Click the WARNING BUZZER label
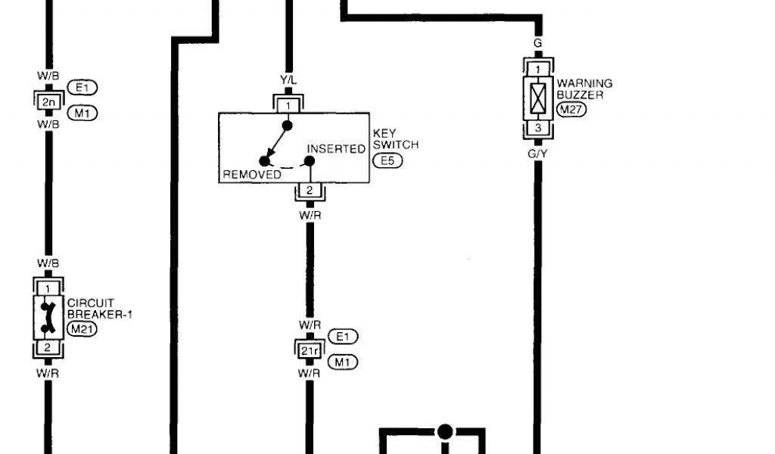(x=584, y=89)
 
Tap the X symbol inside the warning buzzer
(x=537, y=98)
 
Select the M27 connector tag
(x=571, y=110)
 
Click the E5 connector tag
(x=387, y=160)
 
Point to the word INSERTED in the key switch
(x=336, y=149)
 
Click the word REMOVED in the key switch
(x=252, y=175)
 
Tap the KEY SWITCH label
(x=395, y=138)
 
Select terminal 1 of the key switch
(x=288, y=104)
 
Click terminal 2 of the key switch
(x=309, y=191)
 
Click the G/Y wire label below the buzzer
(x=537, y=154)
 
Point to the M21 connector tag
(x=82, y=328)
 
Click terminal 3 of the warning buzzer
(x=537, y=129)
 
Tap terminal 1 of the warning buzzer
(x=537, y=70)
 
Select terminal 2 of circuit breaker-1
(x=47, y=348)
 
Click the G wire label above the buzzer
(x=537, y=43)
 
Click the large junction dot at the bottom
(x=445, y=431)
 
